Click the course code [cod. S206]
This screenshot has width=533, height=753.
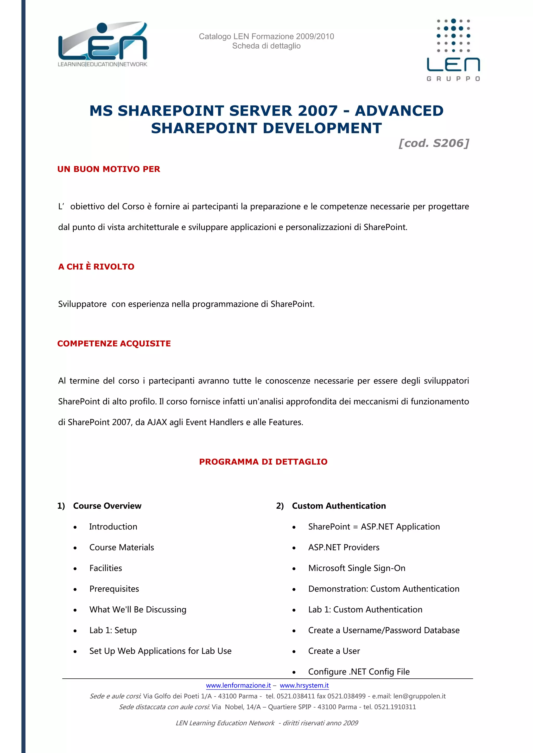(434, 143)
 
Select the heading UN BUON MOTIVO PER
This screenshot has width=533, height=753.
(109, 169)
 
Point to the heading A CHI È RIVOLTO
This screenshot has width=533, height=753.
(96, 267)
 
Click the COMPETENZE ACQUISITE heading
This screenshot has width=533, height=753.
(114, 343)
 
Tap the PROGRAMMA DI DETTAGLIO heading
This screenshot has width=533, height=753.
(263, 462)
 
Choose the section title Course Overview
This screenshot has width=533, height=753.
(107, 506)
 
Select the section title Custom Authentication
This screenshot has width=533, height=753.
(339, 506)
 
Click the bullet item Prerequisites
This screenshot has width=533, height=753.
(114, 589)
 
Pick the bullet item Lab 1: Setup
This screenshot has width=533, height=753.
(113, 630)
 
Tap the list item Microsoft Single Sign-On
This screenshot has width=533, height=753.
(357, 568)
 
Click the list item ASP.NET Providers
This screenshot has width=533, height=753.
(344, 547)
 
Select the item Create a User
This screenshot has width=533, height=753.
(334, 651)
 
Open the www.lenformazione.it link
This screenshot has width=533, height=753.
(238, 685)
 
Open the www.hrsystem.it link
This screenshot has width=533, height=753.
(304, 685)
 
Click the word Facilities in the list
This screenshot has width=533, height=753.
(106, 568)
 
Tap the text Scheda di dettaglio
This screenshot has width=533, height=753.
(266, 46)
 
